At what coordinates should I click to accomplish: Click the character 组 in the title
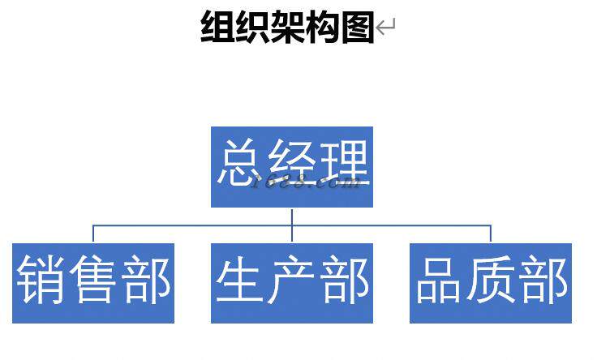pyautogui.click(x=217, y=27)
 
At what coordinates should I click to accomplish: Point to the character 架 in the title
pyautogui.click(x=287, y=27)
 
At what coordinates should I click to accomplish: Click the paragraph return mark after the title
pyautogui.click(x=385, y=28)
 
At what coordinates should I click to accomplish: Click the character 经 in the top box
pyautogui.click(x=292, y=165)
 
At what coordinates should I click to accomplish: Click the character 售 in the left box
pyautogui.click(x=93, y=281)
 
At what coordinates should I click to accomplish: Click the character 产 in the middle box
pyautogui.click(x=292, y=281)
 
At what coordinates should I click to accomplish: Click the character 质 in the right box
pyautogui.click(x=491, y=281)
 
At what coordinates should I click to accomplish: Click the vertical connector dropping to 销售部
pyautogui.click(x=93, y=234)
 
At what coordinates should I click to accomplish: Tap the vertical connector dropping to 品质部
pyautogui.click(x=491, y=234)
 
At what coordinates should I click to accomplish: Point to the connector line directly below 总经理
pyautogui.click(x=292, y=216)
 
